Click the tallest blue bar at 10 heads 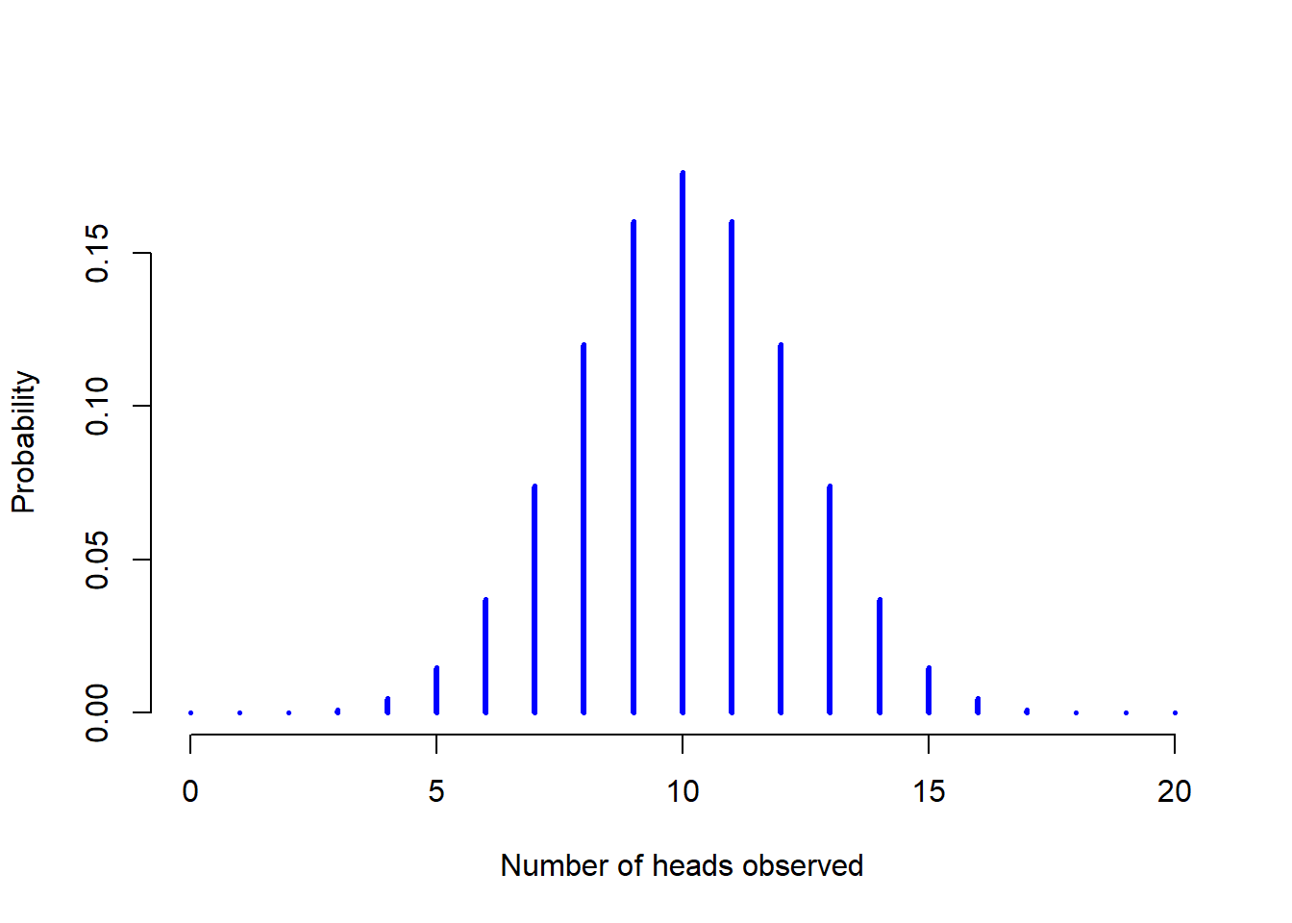(683, 442)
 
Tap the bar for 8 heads (584, 528)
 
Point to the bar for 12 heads (781, 528)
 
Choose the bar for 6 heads (485, 656)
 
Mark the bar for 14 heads (880, 656)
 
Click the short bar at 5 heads (436, 690)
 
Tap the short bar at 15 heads (929, 690)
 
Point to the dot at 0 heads (191, 712)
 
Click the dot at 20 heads (1175, 712)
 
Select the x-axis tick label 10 (683, 791)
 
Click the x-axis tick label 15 (929, 791)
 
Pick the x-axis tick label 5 (436, 791)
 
